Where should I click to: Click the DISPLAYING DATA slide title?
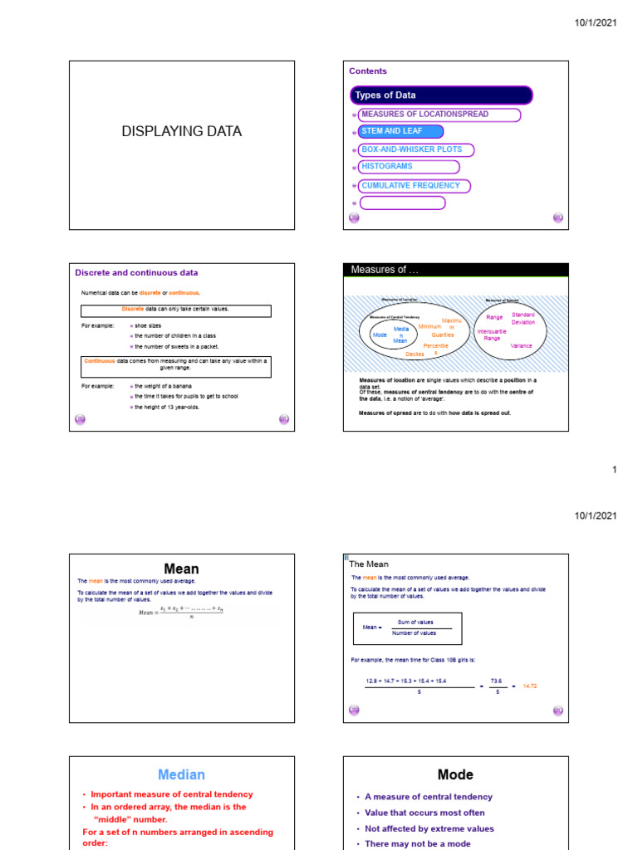(x=182, y=131)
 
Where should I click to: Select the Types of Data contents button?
(x=441, y=95)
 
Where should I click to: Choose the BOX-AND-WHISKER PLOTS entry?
(x=415, y=149)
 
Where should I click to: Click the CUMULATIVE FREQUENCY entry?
(x=415, y=186)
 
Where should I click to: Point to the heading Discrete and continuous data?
(x=136, y=272)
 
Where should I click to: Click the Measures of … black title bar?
(x=456, y=270)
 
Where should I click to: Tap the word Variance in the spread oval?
(x=521, y=345)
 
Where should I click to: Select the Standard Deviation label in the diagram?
(x=523, y=319)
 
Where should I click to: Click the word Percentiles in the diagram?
(x=436, y=349)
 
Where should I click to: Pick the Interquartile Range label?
(x=492, y=335)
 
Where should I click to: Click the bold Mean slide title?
(x=181, y=569)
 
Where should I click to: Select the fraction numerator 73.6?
(x=497, y=681)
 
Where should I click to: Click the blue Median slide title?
(x=181, y=774)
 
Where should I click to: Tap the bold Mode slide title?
(x=455, y=774)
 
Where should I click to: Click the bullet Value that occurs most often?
(x=424, y=813)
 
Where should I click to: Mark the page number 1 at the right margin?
(x=615, y=470)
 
